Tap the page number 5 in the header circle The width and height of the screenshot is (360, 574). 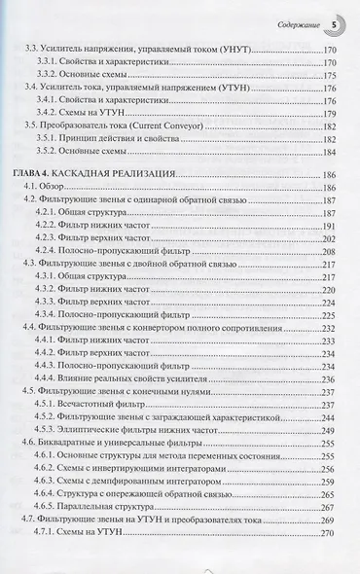tap(336, 19)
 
